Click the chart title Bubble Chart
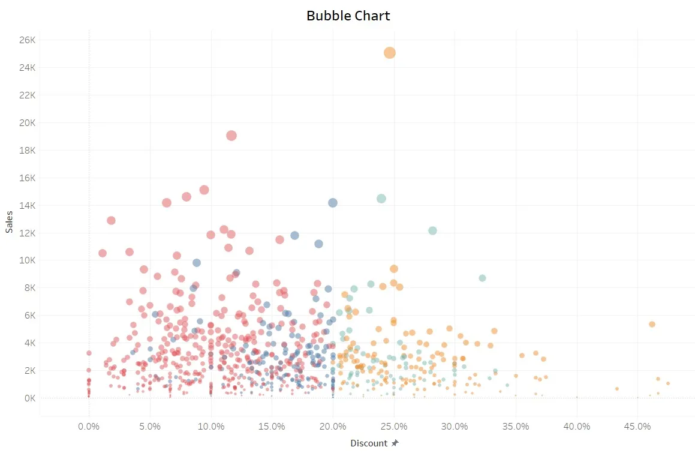click(348, 16)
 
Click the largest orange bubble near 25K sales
click(390, 53)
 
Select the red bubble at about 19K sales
click(231, 136)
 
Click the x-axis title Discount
click(369, 443)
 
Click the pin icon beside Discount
click(395, 443)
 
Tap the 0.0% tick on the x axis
click(89, 427)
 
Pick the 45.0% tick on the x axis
click(637, 427)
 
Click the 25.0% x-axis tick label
click(393, 427)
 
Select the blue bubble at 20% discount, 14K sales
click(333, 203)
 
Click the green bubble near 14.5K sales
click(381, 199)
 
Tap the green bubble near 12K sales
click(433, 231)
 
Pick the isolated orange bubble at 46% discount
click(652, 324)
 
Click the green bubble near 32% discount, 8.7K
click(482, 278)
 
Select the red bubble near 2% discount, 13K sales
click(111, 220)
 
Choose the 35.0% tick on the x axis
click(515, 427)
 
